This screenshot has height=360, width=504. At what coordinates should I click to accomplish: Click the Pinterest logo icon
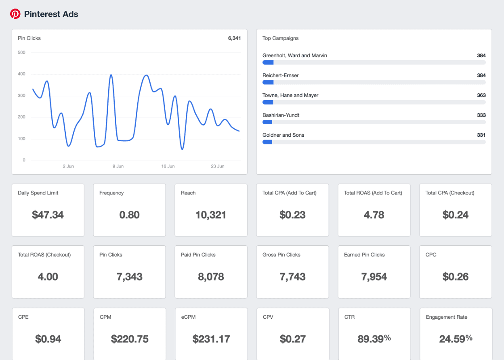coord(15,14)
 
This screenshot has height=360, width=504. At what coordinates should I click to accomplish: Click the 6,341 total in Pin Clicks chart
coord(234,38)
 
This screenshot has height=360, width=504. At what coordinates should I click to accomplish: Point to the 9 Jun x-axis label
coord(118,166)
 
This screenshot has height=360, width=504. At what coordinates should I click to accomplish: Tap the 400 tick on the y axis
coord(21,74)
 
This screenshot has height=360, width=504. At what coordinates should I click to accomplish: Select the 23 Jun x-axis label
coord(218,166)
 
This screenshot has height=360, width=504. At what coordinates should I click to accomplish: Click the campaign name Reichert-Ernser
coord(281,75)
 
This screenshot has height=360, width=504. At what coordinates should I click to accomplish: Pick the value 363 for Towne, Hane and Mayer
coord(481,95)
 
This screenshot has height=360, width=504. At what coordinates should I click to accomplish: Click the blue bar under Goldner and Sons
coord(267,142)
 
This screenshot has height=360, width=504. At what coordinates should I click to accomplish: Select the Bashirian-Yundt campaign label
coord(281,115)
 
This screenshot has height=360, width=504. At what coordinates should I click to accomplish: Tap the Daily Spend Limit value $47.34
coord(48,215)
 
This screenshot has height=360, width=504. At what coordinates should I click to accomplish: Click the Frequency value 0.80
coord(129,215)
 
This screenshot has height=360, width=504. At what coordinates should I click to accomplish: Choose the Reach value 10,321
coord(211,215)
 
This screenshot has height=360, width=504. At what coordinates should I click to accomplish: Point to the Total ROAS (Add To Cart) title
coord(373,193)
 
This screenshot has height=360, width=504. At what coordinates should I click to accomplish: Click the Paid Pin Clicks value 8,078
coord(211,277)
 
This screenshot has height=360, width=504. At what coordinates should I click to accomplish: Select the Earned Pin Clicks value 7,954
coord(374,277)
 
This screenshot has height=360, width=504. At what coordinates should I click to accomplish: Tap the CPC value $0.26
coord(456,277)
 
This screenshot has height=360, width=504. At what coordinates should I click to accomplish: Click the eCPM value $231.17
coord(211,339)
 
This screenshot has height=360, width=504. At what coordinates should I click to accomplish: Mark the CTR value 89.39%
coord(374,339)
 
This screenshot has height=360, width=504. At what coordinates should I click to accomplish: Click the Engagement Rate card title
coord(446,317)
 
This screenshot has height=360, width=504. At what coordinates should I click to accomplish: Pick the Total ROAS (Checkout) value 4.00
coord(48,277)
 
